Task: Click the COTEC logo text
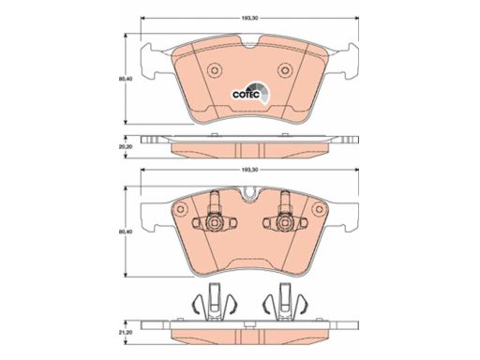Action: click(246, 94)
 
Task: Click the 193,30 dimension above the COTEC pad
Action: click(249, 19)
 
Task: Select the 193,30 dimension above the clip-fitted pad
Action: click(249, 170)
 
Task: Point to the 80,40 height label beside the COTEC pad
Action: click(126, 79)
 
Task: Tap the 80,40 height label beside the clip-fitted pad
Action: click(126, 232)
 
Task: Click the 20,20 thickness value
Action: click(126, 146)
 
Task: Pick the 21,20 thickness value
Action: click(126, 333)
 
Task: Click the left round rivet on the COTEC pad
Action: click(215, 70)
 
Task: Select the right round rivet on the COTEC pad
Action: click(285, 70)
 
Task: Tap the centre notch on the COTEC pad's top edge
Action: click(249, 44)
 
